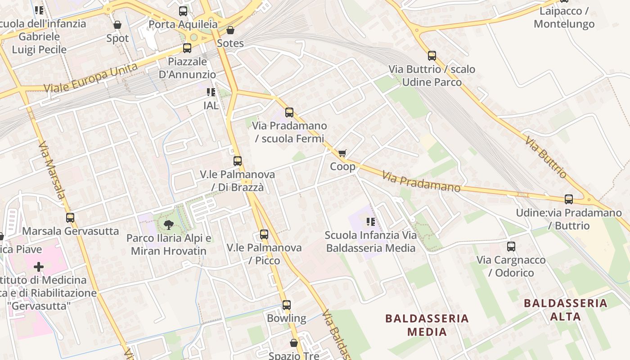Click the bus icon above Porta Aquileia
pos(183,11)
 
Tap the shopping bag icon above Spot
pos(117,24)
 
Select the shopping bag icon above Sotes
pos(230,30)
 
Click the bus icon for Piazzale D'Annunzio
pos(187,48)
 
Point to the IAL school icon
pos(211,92)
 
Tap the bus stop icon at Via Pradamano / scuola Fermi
pos(289,112)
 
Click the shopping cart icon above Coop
pos(342,153)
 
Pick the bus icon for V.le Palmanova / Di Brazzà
pos(238,161)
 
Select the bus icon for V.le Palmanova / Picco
pos(264,234)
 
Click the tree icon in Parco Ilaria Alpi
pos(169,224)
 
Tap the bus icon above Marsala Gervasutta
pos(70,218)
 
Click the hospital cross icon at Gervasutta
pos(39,267)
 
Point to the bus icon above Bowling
pos(287,305)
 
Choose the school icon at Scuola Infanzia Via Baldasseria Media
pos(371,221)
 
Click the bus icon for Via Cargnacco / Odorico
pos(511,247)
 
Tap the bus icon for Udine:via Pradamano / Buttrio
pos(569,199)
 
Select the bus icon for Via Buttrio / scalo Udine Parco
pos(432,56)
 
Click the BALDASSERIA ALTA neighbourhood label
pos(566,310)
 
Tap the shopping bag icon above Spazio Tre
pos(294,343)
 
